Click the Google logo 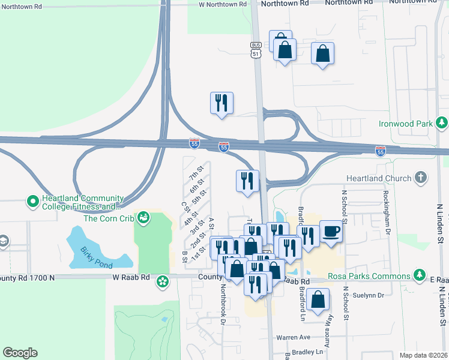(x=20, y=353)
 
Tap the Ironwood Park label (x=406, y=124)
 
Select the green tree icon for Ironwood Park (x=442, y=124)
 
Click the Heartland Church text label (x=379, y=178)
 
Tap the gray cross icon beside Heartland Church (x=421, y=178)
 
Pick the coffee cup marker (x=331, y=232)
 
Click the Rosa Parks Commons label (x=369, y=277)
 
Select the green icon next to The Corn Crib (x=143, y=217)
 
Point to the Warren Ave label (x=293, y=337)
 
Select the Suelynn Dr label (x=372, y=295)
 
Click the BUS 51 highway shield (x=256, y=50)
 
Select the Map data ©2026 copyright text (x=423, y=355)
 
